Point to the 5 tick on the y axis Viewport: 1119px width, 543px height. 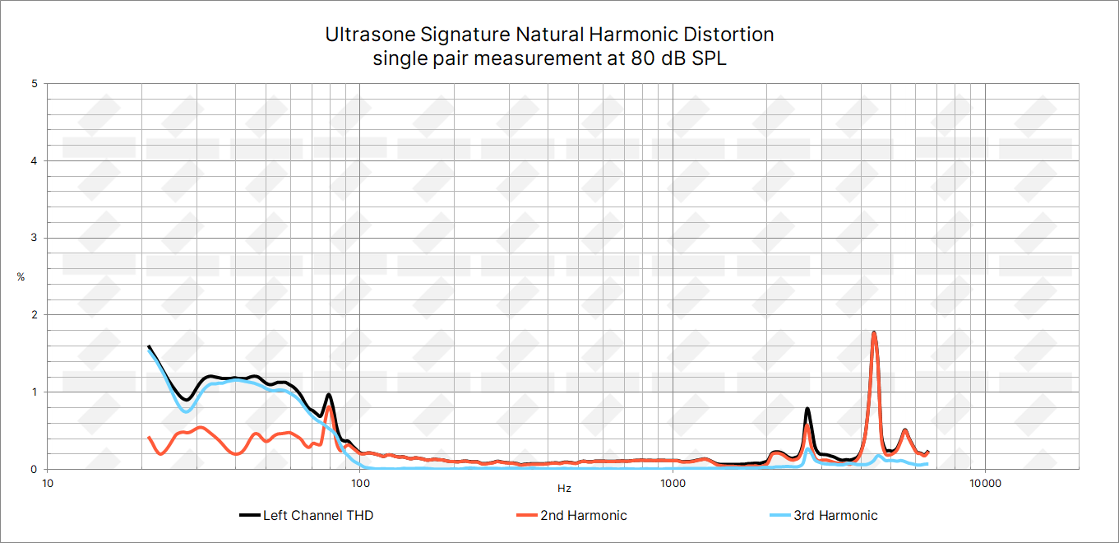[34, 84]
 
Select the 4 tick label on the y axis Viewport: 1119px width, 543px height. [34, 161]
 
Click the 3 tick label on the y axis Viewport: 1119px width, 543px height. [34, 238]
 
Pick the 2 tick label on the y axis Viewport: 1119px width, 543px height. [34, 315]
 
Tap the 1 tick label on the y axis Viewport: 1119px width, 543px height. [34, 392]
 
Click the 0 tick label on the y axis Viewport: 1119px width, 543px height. [34, 469]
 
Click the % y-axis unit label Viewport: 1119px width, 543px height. [21, 277]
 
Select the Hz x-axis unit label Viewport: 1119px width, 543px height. [564, 489]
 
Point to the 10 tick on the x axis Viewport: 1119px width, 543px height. [48, 483]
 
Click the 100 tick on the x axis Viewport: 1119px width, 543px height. [360, 483]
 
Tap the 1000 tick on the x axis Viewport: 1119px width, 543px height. [673, 483]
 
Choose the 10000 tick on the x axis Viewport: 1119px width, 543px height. [985, 483]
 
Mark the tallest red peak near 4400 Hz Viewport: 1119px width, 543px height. [874, 333]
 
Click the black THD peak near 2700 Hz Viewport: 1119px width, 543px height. [807, 409]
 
